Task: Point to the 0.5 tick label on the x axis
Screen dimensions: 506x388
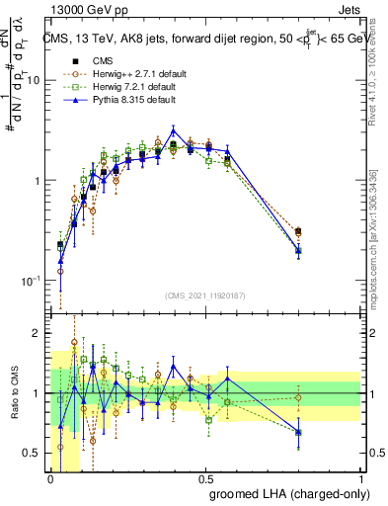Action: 206,477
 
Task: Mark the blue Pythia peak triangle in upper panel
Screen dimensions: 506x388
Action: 174,130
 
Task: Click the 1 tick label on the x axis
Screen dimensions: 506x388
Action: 361,477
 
